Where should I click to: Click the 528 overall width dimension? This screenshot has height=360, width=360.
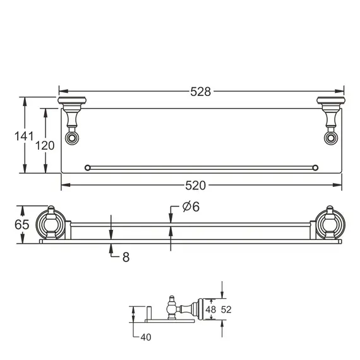tap(200, 91)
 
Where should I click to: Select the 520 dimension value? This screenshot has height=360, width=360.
tap(195, 186)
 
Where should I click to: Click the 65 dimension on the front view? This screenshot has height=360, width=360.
tap(21, 224)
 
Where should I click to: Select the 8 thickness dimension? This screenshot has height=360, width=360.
tap(126, 257)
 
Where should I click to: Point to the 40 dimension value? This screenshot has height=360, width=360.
tap(145, 337)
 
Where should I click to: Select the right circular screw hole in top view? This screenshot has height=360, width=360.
tap(329, 138)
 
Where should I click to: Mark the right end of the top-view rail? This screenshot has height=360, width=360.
tap(314, 167)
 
